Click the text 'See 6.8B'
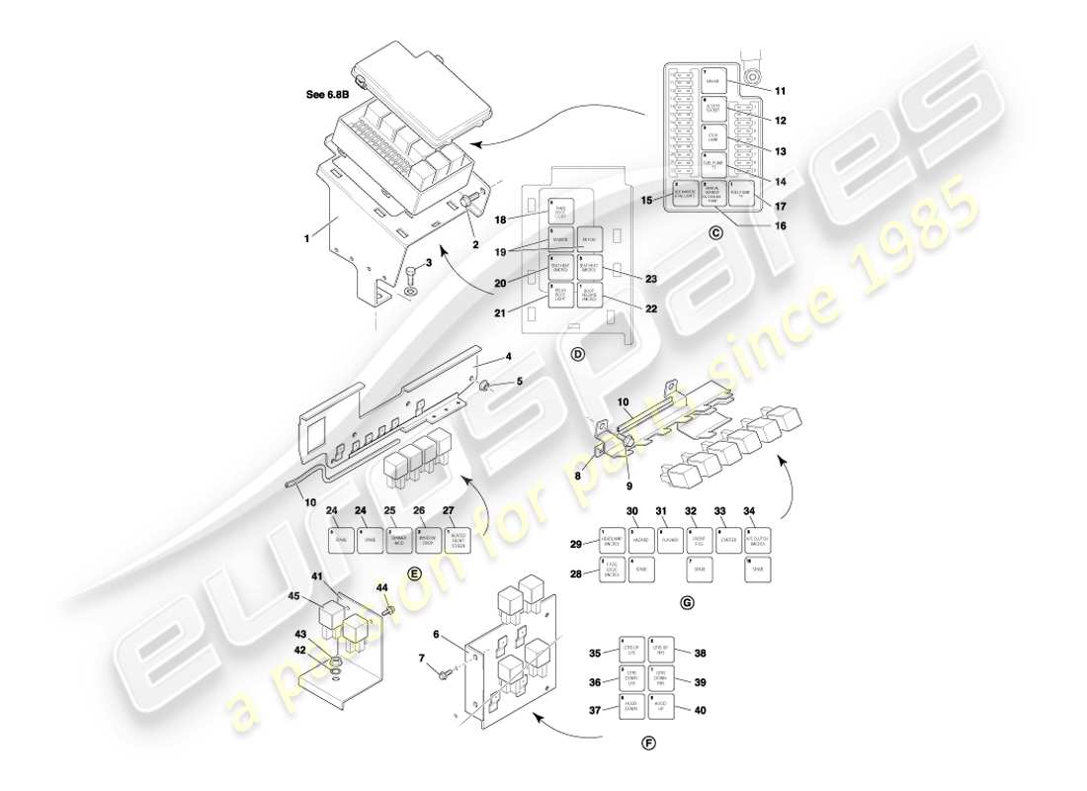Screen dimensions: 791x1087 (x=328, y=95)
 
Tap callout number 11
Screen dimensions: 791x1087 (x=780, y=91)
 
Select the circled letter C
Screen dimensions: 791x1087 (x=716, y=233)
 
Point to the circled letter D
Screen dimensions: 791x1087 (x=578, y=354)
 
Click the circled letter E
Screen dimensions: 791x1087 (x=414, y=572)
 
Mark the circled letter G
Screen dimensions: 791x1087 (x=687, y=602)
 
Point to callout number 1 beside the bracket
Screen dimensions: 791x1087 (x=308, y=237)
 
